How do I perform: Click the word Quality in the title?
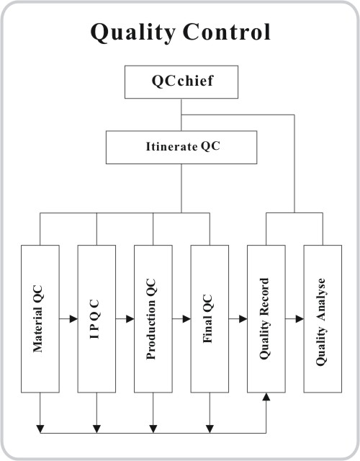click(x=133, y=32)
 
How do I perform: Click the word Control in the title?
click(x=226, y=32)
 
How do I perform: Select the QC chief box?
click(x=181, y=82)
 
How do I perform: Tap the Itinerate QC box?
click(x=181, y=147)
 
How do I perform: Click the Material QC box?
click(x=40, y=318)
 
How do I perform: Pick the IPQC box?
click(x=96, y=318)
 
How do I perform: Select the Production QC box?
click(x=153, y=318)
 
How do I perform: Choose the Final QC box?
click(x=210, y=318)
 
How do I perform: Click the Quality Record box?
click(x=266, y=318)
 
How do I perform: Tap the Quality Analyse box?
click(x=323, y=318)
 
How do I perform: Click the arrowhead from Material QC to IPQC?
click(x=73, y=318)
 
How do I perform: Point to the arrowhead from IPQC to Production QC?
click(x=130, y=318)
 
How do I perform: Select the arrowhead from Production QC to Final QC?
click(x=186, y=318)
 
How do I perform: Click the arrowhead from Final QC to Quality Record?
click(x=243, y=318)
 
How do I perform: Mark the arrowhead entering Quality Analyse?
click(x=300, y=318)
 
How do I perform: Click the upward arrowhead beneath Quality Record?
click(x=266, y=397)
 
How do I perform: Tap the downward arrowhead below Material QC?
click(x=40, y=429)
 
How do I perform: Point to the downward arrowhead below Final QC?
click(x=210, y=429)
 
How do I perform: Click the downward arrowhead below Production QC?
click(x=153, y=429)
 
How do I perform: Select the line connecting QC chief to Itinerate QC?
click(x=181, y=115)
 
